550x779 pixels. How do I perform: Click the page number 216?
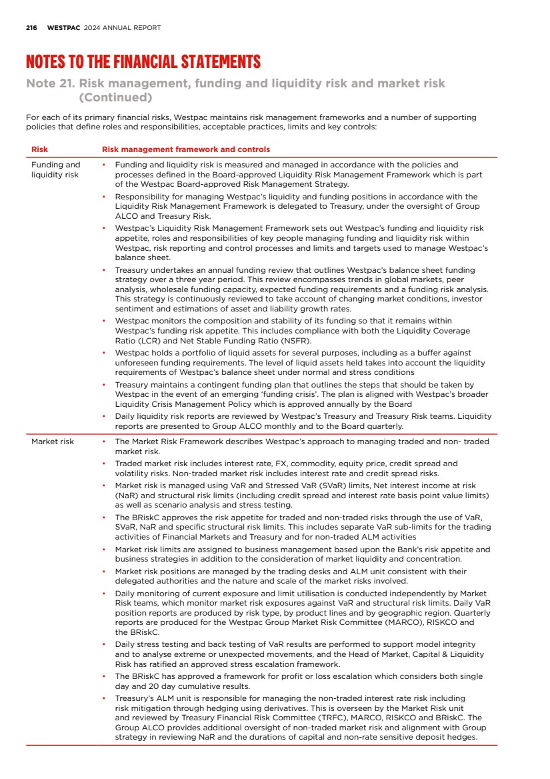click(x=31, y=28)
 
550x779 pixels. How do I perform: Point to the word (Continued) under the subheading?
click(x=116, y=97)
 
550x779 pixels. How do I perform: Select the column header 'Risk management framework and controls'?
click(x=185, y=149)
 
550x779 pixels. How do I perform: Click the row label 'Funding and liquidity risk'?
click(x=55, y=169)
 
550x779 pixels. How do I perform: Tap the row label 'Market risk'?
click(x=53, y=442)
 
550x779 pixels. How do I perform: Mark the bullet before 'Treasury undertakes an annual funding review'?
click(x=104, y=269)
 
